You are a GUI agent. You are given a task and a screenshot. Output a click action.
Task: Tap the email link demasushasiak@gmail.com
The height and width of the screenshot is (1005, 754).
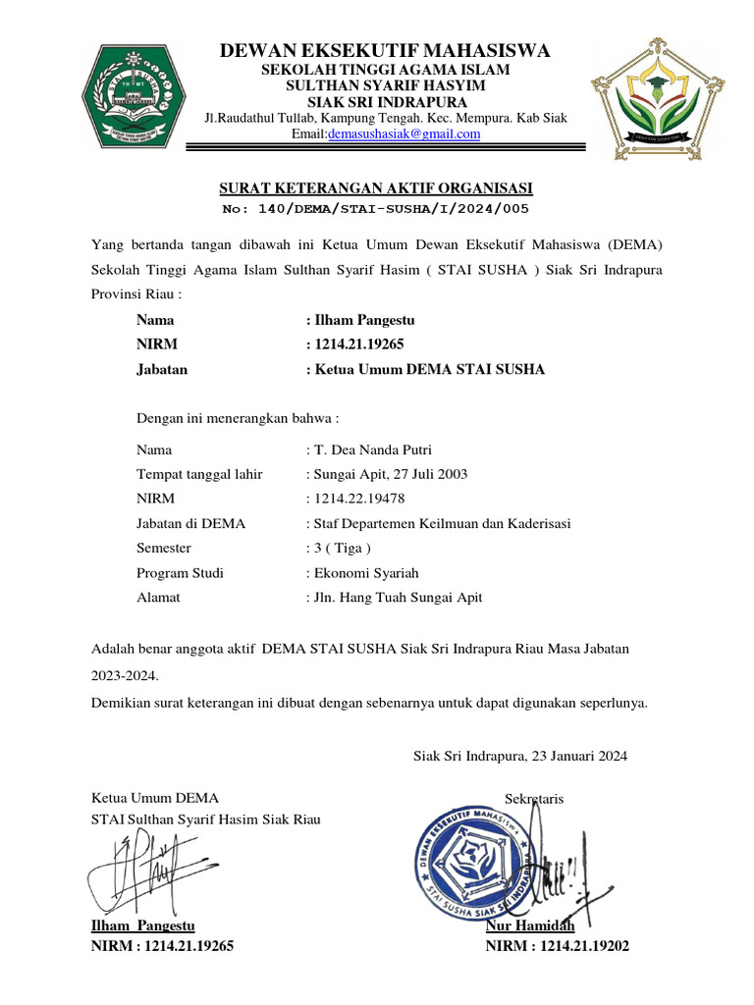tap(404, 134)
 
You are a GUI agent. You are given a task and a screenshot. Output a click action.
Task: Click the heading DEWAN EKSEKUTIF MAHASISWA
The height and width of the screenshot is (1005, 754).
tap(384, 51)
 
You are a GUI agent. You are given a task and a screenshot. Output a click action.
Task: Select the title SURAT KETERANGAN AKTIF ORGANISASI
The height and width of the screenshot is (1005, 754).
tap(374, 189)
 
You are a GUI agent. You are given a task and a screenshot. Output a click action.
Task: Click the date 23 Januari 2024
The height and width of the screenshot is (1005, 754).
tap(578, 756)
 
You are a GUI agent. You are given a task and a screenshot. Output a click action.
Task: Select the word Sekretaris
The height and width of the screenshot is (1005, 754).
tap(534, 800)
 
